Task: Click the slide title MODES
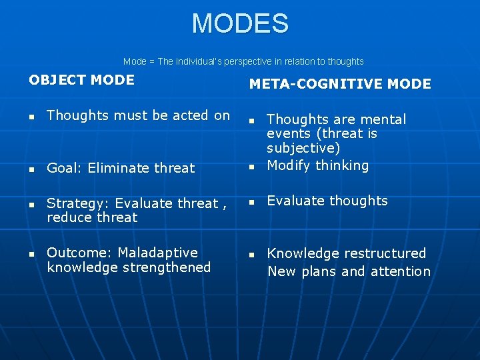pyautogui.click(x=240, y=23)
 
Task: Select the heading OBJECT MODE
pyautogui.click(x=81, y=80)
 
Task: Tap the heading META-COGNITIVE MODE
pyautogui.click(x=340, y=84)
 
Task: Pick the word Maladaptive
pyautogui.click(x=157, y=253)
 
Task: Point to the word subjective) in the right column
pyautogui.click(x=303, y=148)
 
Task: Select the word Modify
pyautogui.click(x=287, y=165)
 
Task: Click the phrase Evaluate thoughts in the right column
pyautogui.click(x=327, y=201)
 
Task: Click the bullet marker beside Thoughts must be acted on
pyautogui.click(x=31, y=117)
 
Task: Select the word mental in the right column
pyautogui.click(x=384, y=119)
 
